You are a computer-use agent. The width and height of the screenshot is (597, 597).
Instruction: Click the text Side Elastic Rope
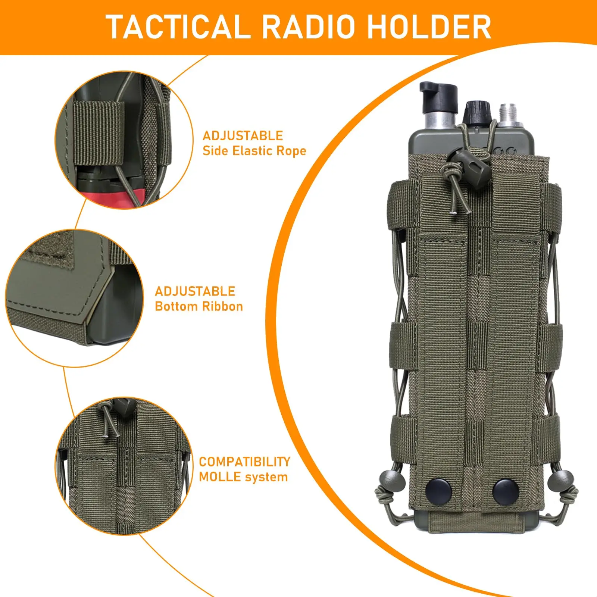[254, 151]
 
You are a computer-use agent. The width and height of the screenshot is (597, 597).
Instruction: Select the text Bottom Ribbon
[199, 306]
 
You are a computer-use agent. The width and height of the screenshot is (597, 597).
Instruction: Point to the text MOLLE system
[243, 477]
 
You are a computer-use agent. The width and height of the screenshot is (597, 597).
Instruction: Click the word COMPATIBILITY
[244, 462]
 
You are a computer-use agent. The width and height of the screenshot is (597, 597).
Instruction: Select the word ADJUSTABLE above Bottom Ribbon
[195, 291]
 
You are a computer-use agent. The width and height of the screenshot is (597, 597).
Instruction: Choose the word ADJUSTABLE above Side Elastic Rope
[243, 135]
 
